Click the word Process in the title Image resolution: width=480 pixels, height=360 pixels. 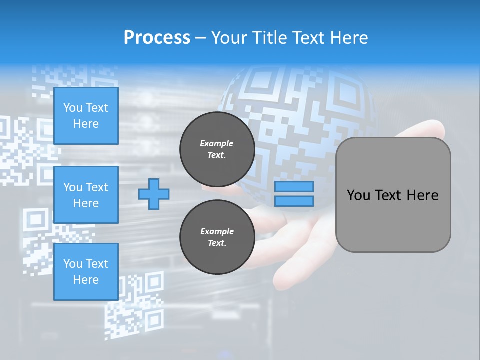tap(157, 38)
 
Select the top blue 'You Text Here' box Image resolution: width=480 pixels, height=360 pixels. tap(86, 116)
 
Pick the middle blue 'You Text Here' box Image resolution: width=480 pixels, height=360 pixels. tap(86, 195)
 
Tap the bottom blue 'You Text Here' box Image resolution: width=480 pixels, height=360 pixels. tap(86, 271)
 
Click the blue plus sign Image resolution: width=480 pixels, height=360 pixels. tap(154, 194)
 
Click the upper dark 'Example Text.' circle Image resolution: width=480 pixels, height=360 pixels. tap(217, 149)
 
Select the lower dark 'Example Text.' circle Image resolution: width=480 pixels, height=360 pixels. tap(217, 237)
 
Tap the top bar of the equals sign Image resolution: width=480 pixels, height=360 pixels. tap(294, 187)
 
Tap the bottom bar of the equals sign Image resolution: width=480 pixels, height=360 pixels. tap(294, 201)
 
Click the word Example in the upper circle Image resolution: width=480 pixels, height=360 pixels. tap(217, 143)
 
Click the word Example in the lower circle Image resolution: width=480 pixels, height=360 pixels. tap(217, 231)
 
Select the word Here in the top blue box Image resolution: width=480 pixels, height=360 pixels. tap(86, 124)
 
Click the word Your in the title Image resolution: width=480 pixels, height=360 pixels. tap(228, 38)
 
